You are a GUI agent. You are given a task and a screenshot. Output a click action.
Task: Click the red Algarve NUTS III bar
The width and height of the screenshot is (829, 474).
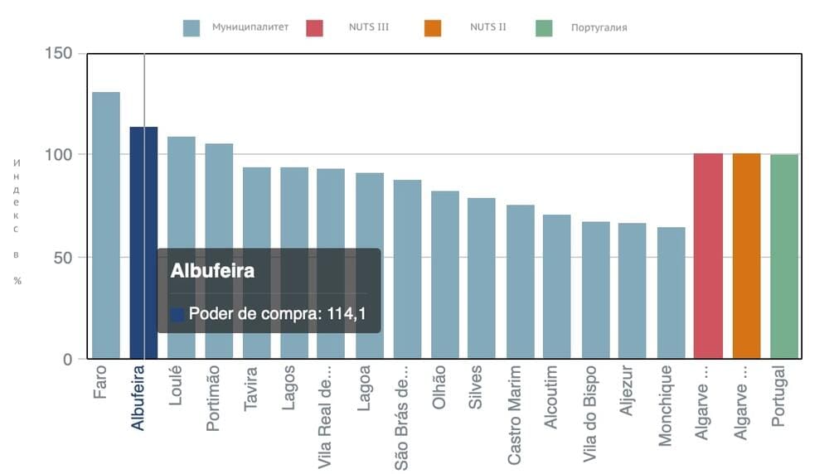[x=708, y=256]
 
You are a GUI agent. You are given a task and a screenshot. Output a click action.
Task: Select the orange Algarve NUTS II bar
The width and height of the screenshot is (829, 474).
[x=746, y=256]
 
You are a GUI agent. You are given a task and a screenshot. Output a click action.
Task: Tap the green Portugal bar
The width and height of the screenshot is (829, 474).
[x=784, y=256]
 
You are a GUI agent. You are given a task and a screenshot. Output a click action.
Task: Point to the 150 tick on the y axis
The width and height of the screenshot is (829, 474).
[x=62, y=54]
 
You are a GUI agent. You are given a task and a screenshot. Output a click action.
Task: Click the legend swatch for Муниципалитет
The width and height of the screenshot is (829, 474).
[x=192, y=27]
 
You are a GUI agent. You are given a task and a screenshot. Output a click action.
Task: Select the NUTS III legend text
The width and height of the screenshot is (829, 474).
[x=368, y=27]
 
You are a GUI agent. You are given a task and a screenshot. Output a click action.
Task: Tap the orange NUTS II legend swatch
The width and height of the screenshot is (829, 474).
[x=432, y=27]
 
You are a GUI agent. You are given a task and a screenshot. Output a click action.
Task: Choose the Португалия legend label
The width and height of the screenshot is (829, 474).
[x=599, y=27]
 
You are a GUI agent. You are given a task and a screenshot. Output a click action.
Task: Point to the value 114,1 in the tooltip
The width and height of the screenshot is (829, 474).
[x=348, y=314]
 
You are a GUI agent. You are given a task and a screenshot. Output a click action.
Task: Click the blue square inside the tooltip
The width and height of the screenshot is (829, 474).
[x=177, y=315]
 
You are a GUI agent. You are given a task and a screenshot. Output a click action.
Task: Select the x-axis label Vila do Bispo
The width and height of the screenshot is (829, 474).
[x=590, y=410]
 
